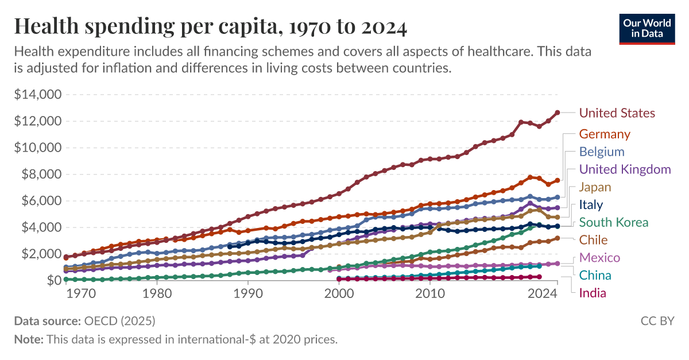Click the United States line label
[617, 113]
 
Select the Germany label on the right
[605, 134]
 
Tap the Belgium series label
[601, 152]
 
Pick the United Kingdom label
[625, 169]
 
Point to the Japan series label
[595, 187]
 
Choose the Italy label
[591, 205]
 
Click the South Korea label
[613, 223]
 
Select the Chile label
[593, 240]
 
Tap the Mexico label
[599, 258]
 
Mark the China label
[595, 276]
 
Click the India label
[593, 293]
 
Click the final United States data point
[557, 113]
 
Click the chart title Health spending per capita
[210, 27]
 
